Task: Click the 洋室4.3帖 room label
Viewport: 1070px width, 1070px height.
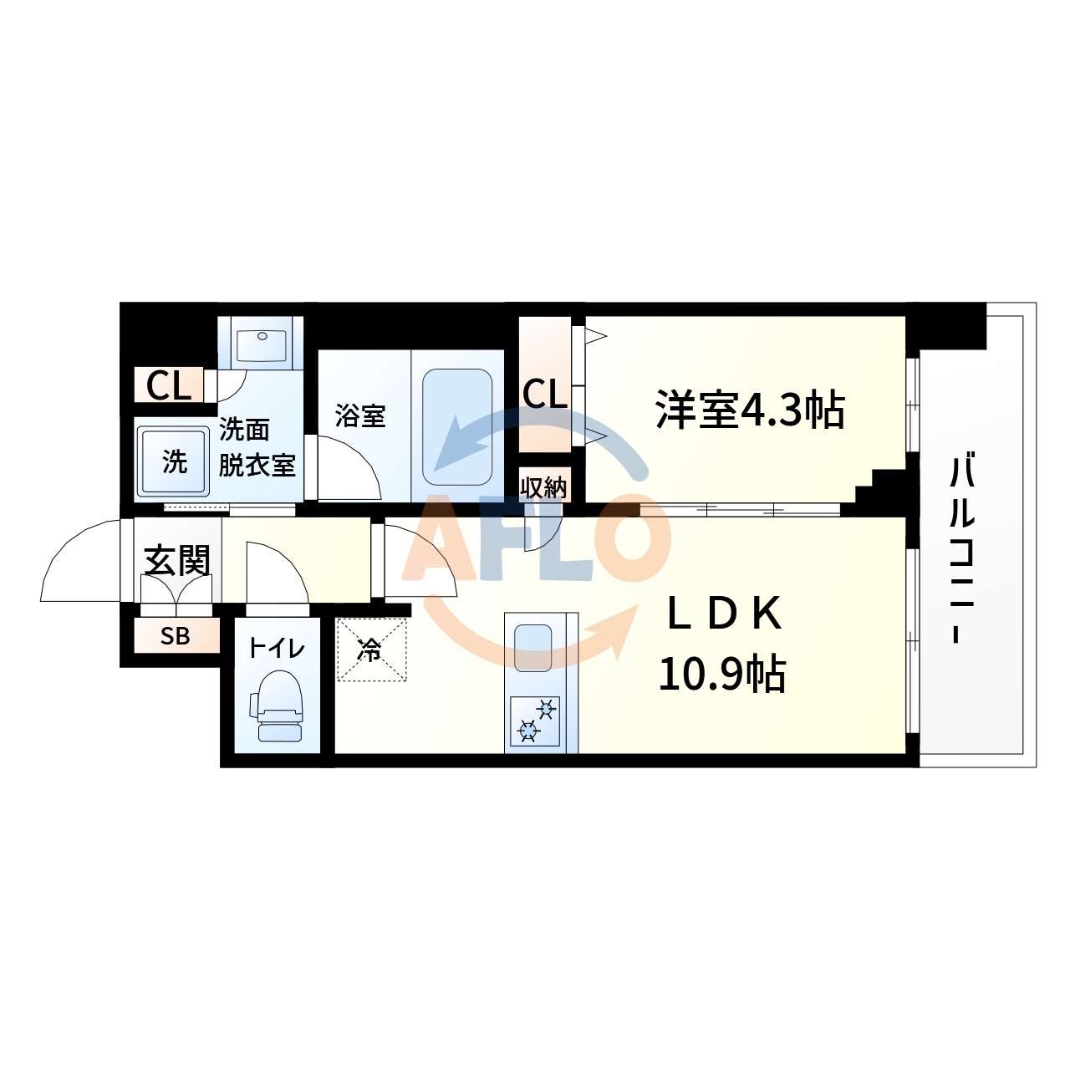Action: point(750,410)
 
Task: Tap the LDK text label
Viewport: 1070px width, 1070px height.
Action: point(724,614)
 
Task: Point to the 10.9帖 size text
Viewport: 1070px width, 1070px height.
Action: point(722,673)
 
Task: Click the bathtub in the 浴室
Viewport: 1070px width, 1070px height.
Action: point(457,426)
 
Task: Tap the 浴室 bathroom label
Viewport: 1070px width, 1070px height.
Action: point(360,415)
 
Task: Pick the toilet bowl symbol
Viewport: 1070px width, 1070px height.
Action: point(278,706)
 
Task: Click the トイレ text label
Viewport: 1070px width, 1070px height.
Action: point(277,648)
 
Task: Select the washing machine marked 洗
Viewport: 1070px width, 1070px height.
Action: point(174,461)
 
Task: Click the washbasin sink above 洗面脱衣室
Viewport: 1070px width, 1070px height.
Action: point(262,344)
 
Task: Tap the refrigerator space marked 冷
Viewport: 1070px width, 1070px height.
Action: point(371,650)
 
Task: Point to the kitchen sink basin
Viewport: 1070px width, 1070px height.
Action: point(533,647)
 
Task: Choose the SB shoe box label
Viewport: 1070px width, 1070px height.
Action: point(176,636)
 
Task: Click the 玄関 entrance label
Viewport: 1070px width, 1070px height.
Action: point(177,561)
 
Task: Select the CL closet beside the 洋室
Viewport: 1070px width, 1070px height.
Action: point(545,394)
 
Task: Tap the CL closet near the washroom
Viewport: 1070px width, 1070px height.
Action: point(169,386)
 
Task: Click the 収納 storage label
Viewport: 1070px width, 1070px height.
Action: point(544,487)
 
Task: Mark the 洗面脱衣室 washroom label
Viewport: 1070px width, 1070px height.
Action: point(257,448)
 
